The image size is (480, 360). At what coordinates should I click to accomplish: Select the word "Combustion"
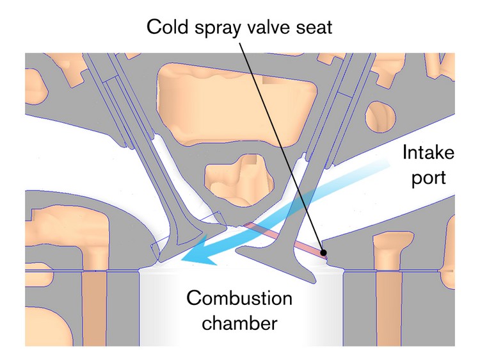tap(239, 299)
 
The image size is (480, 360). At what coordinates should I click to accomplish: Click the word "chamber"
tap(240, 323)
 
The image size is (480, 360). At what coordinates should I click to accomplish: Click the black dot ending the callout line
tap(325, 252)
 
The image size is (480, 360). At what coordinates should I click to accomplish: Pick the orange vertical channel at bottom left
tap(95, 307)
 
